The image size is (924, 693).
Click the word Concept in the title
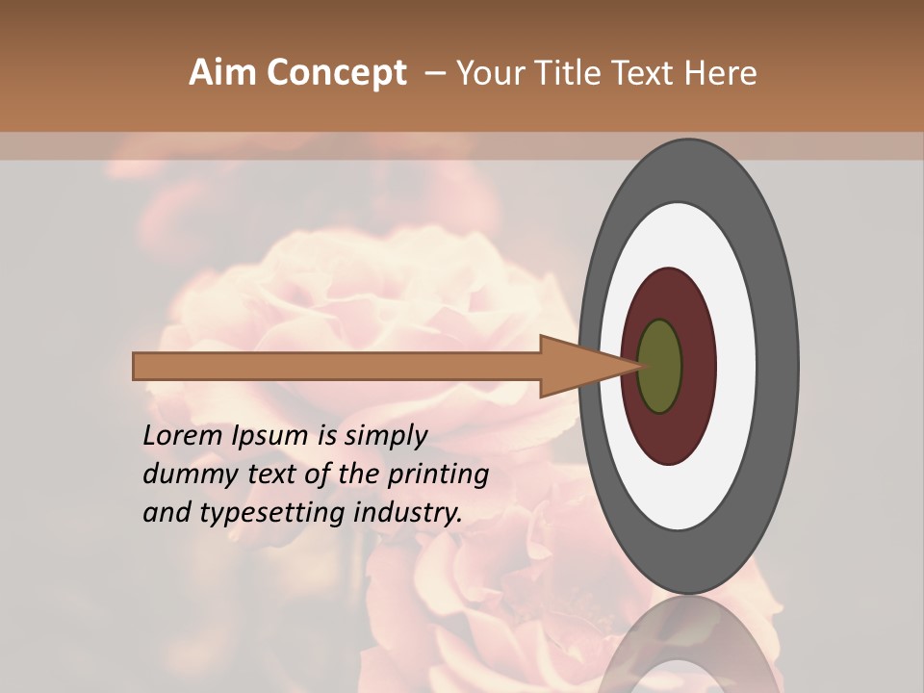click(x=335, y=73)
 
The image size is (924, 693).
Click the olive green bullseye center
click(x=660, y=366)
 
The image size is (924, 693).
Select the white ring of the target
click(x=736, y=366)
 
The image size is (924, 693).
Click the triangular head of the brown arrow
click(x=577, y=366)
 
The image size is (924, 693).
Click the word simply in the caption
click(x=385, y=435)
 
